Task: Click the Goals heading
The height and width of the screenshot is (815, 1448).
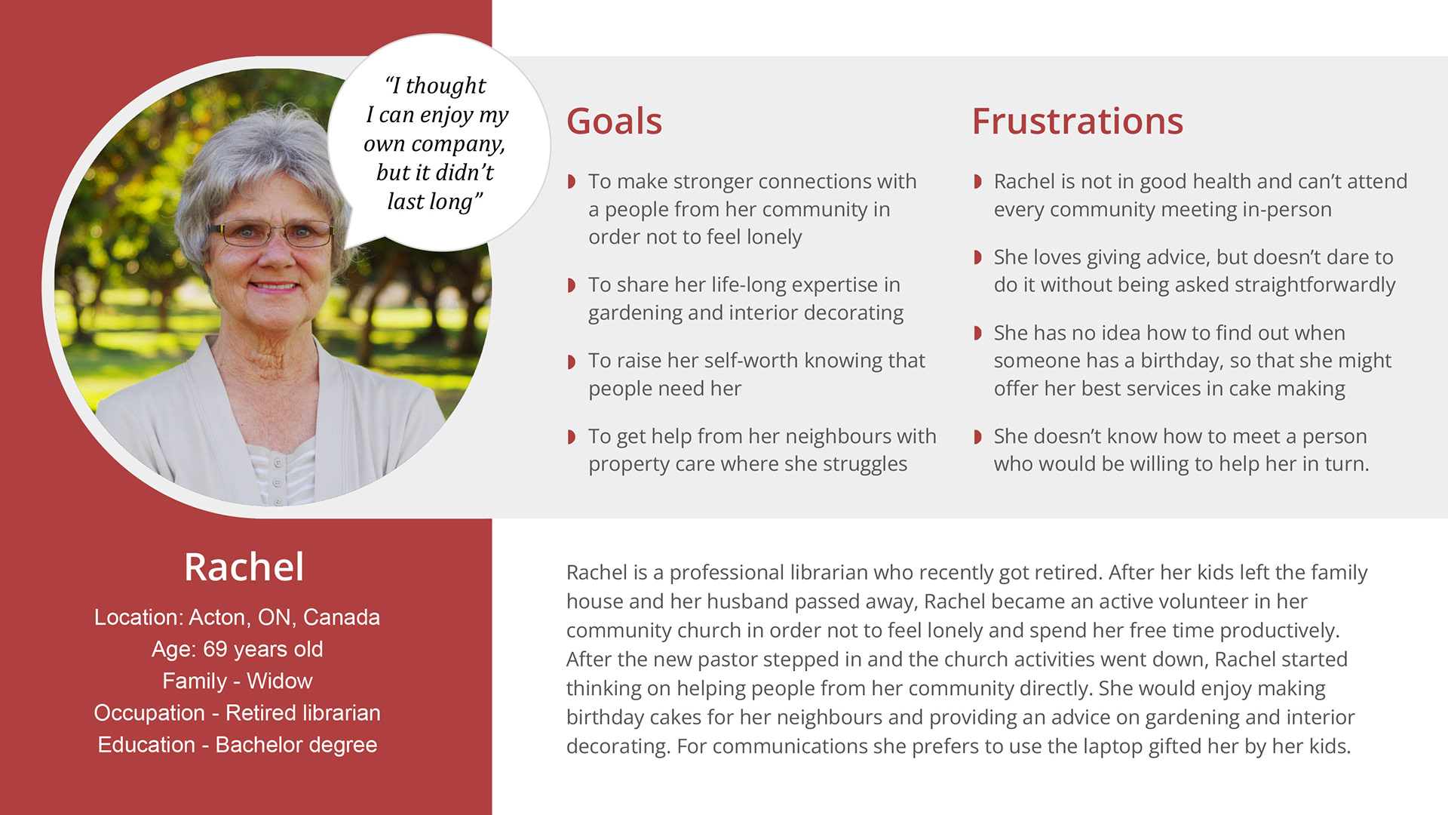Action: point(614,121)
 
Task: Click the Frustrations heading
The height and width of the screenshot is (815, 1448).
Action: point(1077,121)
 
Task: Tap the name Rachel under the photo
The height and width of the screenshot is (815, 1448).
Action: point(244,567)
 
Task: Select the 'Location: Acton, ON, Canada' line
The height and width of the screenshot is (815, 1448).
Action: point(237,617)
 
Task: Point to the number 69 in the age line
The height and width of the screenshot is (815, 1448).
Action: point(215,649)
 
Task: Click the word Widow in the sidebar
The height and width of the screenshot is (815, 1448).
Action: point(279,681)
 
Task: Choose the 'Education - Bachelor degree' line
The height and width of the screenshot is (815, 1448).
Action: point(237,745)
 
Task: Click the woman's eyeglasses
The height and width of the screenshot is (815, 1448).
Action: point(271,233)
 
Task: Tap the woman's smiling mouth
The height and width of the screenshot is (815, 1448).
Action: point(274,287)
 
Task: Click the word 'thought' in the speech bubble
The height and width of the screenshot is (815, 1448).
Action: point(446,86)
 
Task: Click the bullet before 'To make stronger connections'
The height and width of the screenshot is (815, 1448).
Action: point(572,181)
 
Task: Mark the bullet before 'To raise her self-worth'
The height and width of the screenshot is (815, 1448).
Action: point(572,361)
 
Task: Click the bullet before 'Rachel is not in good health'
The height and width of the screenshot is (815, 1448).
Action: point(977,181)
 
